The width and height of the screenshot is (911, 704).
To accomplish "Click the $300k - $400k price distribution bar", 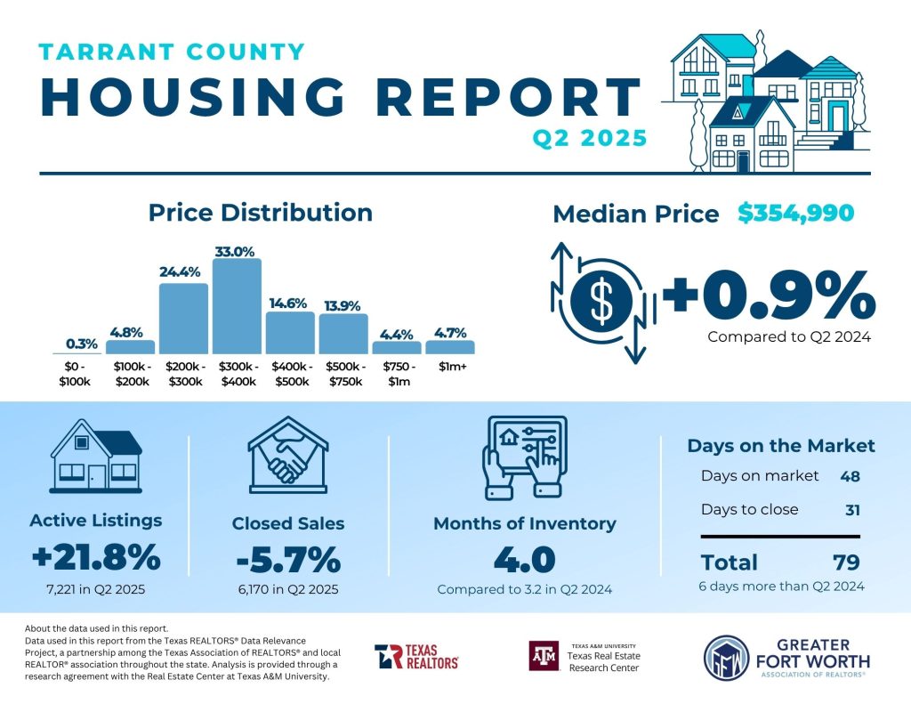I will point(237,307).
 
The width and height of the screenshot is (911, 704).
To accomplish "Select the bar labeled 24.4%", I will point(183,319).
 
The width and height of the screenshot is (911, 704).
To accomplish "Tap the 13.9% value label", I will point(343,305).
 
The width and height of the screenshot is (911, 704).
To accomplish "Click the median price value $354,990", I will point(795,213).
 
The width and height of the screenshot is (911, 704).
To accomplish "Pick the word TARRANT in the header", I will point(99,52).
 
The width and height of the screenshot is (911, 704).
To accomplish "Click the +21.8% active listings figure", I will point(96,558).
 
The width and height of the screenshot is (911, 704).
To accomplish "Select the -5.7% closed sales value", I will point(288,560).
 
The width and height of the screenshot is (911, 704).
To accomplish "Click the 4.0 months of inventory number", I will point(524,560).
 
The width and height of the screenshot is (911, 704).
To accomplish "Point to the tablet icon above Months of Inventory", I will point(524,457).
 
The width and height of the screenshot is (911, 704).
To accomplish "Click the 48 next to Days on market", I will point(850,476).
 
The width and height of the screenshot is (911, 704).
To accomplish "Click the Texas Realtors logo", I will point(416,657).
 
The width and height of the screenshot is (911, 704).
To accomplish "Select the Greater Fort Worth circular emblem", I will point(727,658).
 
